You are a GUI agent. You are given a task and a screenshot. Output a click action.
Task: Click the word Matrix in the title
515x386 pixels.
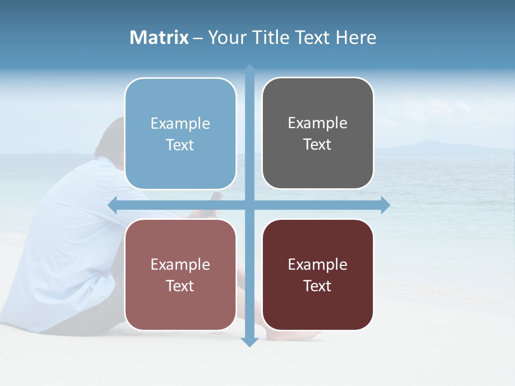pos(159,38)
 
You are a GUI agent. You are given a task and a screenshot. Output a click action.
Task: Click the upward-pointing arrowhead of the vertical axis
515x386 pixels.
pos(249,69)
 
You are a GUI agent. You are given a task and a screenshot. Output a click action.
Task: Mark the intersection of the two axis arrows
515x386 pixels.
pos(249,205)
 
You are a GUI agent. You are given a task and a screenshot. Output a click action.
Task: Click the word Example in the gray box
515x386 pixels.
pos(318,123)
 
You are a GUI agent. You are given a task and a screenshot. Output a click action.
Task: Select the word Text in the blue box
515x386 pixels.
pos(180,145)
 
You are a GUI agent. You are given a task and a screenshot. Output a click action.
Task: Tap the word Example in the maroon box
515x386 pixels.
pos(318,264)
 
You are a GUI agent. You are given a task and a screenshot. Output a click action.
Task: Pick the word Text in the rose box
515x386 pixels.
pos(180,286)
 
